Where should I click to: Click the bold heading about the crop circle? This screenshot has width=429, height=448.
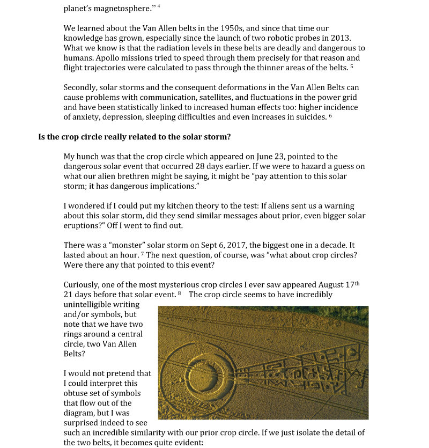[x=135, y=137]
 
